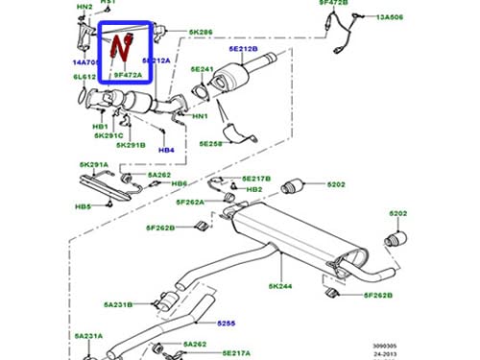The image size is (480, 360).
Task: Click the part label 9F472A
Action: coord(128,74)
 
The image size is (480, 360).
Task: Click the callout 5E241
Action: coord(200,69)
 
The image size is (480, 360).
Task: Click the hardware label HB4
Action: coord(166,151)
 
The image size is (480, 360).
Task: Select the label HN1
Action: coord(200,116)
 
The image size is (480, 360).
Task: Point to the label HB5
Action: coord(84,206)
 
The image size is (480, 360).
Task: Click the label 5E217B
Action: coord(257,179)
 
